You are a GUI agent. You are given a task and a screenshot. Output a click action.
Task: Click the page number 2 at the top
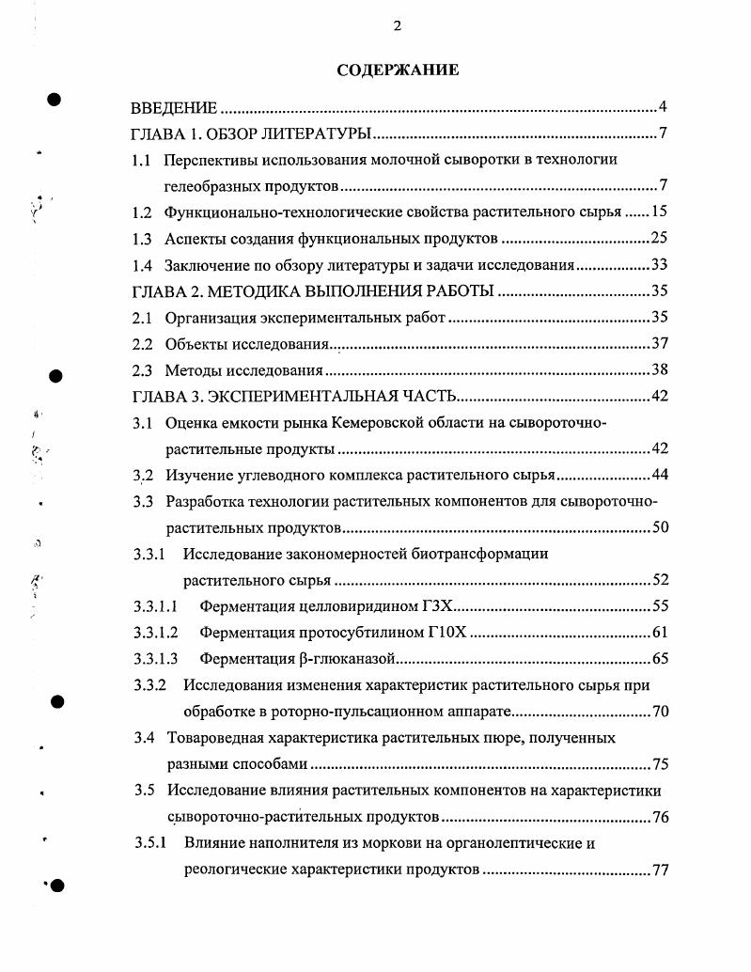click(397, 25)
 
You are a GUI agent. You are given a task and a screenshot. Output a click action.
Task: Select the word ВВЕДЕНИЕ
click(174, 106)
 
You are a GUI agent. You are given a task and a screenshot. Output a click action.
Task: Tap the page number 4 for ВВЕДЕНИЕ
click(663, 106)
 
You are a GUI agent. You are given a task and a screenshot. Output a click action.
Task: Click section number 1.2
click(142, 212)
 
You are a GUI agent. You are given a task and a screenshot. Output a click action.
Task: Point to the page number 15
click(659, 212)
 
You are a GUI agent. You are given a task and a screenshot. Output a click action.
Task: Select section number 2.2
click(142, 344)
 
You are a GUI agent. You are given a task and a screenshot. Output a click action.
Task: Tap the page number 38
click(659, 370)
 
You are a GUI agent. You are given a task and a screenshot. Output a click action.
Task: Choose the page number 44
click(659, 475)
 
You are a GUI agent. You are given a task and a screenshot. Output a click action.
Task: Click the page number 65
click(659, 659)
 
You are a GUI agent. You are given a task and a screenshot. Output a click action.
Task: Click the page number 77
click(659, 870)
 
